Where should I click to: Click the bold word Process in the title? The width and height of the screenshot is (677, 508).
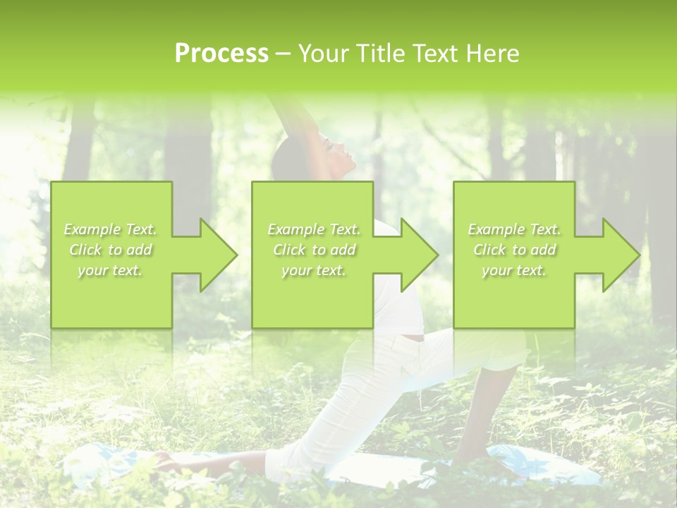click(221, 54)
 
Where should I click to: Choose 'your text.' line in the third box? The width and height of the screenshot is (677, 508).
click(514, 270)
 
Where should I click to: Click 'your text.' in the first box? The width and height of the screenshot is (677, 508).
click(109, 270)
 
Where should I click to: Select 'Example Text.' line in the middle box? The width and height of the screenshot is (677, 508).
click(314, 229)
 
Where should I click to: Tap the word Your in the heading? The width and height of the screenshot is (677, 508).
click(322, 54)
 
